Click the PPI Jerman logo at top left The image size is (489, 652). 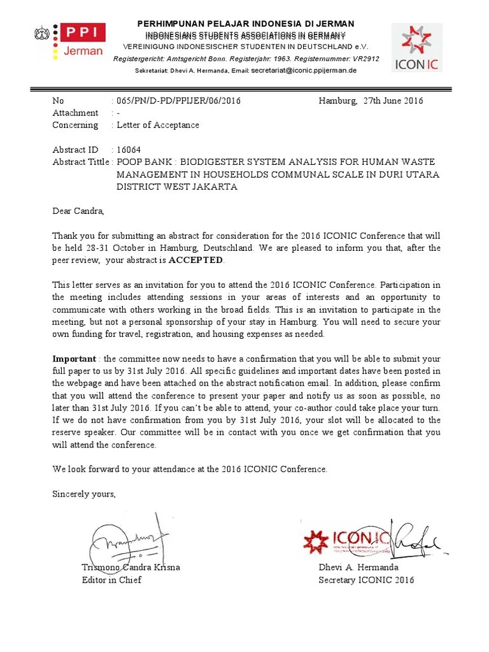(70, 41)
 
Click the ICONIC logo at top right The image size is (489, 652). (416, 47)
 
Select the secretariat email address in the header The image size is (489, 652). (304, 70)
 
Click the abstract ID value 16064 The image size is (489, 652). (128, 150)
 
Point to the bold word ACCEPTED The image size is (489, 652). (196, 260)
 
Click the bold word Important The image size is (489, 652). (74, 358)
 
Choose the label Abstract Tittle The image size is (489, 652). (81, 162)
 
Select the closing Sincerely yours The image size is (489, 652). (84, 493)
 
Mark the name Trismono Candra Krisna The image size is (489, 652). (131, 567)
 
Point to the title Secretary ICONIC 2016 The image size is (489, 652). (366, 579)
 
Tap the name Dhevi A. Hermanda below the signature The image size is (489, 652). (358, 567)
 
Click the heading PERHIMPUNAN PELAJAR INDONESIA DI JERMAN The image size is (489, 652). (246, 24)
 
